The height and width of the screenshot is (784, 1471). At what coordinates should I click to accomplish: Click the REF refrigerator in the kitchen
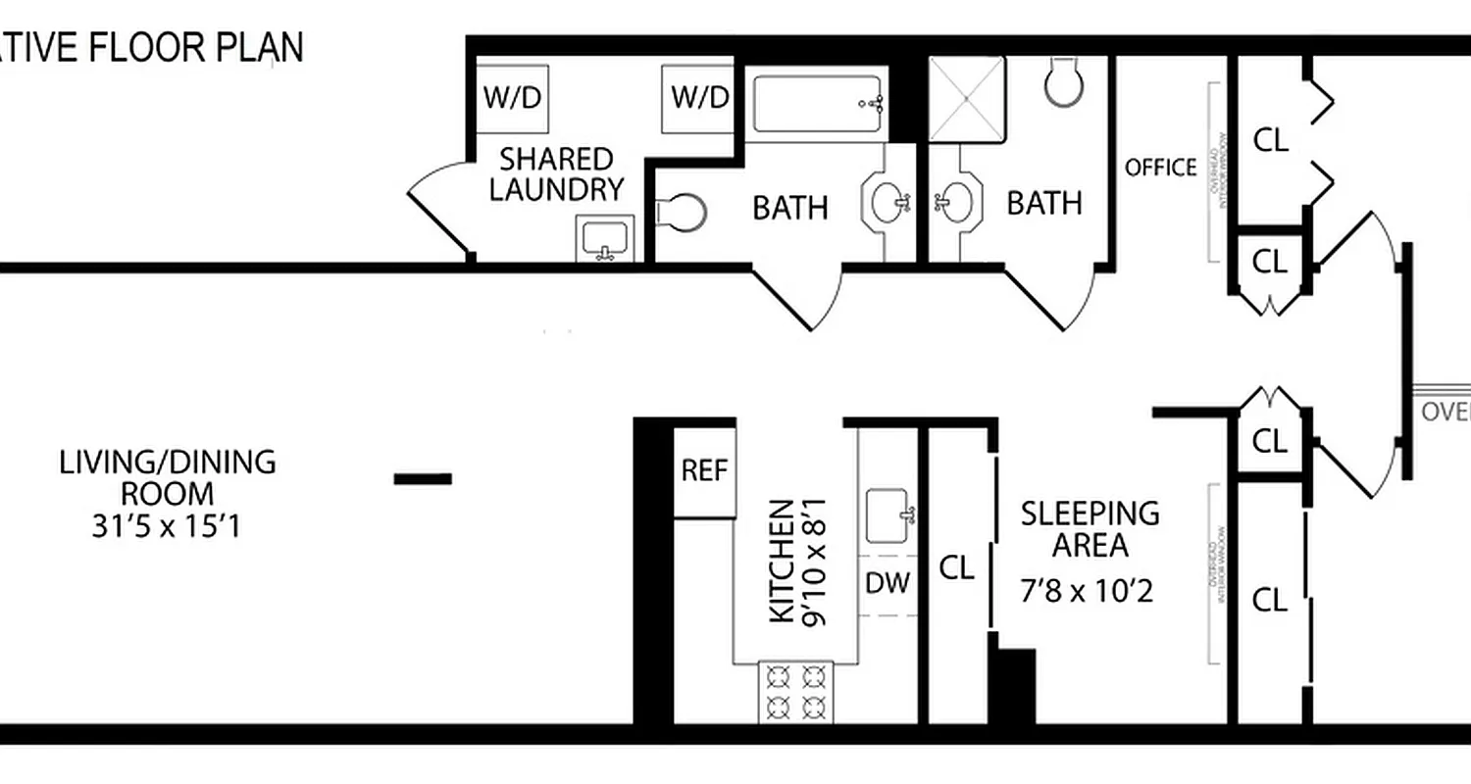click(705, 471)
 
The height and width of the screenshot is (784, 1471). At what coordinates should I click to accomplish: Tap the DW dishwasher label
click(888, 582)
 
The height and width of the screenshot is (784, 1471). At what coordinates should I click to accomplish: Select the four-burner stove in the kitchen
click(795, 692)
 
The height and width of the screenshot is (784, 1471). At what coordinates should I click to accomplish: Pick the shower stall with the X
click(967, 99)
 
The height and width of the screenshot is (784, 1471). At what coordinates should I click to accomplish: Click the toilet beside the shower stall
click(1062, 83)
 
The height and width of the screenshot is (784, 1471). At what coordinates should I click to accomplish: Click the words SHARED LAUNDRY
click(557, 173)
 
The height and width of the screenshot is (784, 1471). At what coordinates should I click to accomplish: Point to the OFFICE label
click(1161, 168)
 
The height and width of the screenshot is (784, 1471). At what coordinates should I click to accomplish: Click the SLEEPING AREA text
click(1090, 528)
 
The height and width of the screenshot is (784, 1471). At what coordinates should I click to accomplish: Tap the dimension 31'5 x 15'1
click(167, 527)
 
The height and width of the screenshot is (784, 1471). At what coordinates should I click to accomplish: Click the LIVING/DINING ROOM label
click(168, 476)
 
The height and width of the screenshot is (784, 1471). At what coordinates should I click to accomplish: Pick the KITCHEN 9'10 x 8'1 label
click(796, 562)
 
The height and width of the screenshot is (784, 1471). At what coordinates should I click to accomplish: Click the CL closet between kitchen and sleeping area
click(957, 567)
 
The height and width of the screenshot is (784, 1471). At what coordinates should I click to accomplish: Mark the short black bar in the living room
click(423, 479)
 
